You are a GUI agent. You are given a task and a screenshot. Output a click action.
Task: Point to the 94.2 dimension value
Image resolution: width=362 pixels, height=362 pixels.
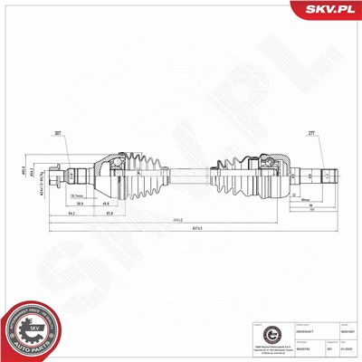click(71, 215)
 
